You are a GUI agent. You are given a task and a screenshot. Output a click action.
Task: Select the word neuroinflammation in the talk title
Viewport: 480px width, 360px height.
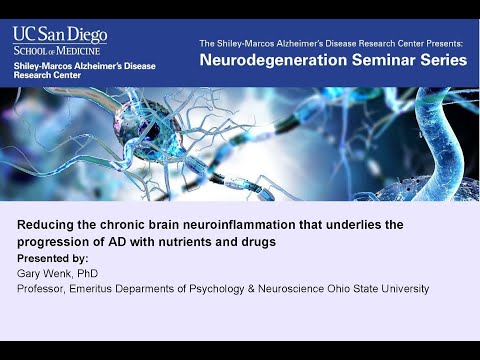213,225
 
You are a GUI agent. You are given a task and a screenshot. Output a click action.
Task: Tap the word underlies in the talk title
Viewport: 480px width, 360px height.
341,225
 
